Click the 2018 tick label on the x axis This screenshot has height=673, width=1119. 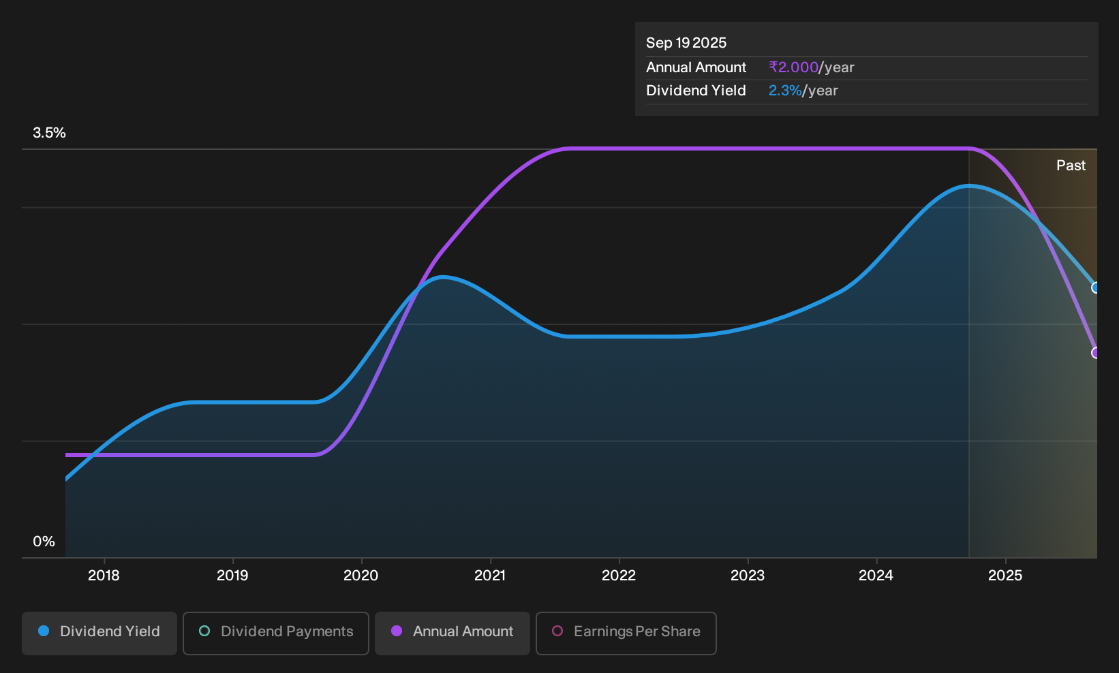click(104, 576)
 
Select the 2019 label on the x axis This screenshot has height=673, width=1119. click(232, 576)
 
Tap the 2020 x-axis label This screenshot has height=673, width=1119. click(361, 576)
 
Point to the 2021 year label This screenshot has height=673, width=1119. click(490, 576)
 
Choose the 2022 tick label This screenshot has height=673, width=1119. click(619, 576)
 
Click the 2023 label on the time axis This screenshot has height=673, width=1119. click(748, 576)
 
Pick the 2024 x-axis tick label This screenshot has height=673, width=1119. click(876, 576)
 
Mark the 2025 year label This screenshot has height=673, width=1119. click(1006, 576)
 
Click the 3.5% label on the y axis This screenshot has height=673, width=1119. click(49, 133)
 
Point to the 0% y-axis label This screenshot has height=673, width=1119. click(44, 542)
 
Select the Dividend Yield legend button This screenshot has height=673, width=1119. click(99, 633)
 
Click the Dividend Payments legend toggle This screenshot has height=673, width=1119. click(276, 633)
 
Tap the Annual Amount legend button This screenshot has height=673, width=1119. click(452, 633)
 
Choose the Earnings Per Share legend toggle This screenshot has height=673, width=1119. click(626, 633)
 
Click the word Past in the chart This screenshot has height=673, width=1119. click(1071, 166)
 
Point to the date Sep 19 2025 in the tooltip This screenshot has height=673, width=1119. click(686, 43)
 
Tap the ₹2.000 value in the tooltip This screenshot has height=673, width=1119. click(793, 67)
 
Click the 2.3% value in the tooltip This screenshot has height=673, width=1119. click(785, 91)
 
